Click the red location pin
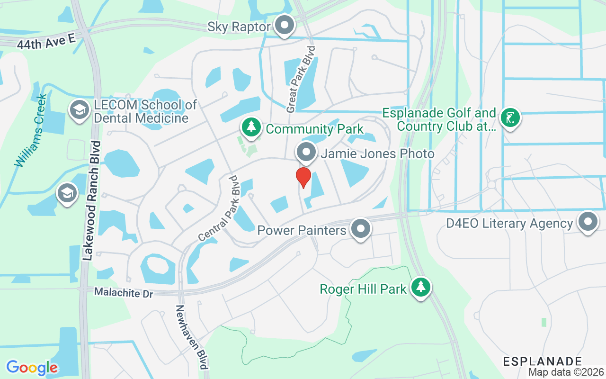pyautogui.click(x=303, y=177)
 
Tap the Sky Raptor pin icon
pyautogui.click(x=285, y=26)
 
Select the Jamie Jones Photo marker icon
pyautogui.click(x=306, y=153)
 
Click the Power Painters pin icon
pyautogui.click(x=361, y=229)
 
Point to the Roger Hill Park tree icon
pyautogui.click(x=420, y=287)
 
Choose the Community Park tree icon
pyautogui.click(x=251, y=127)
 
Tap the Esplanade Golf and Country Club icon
pyautogui.click(x=510, y=117)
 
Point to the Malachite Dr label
pyautogui.click(x=124, y=292)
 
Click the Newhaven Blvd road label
pyautogui.click(x=192, y=336)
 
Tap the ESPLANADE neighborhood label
pyautogui.click(x=542, y=361)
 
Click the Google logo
pyautogui.click(x=32, y=368)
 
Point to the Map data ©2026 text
pyautogui.click(x=566, y=372)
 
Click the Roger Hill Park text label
pyautogui.click(x=363, y=289)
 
